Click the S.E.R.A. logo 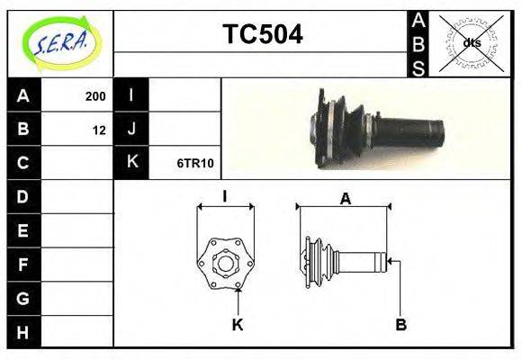click(x=60, y=42)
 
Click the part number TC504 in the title click(x=262, y=34)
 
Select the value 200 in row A click(x=95, y=95)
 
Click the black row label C click(x=23, y=163)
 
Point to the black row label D click(x=23, y=197)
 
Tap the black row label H click(x=23, y=332)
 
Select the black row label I click(x=131, y=95)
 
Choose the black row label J click(x=131, y=130)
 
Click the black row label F click(x=23, y=265)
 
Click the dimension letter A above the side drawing click(x=345, y=199)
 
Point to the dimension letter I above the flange click(x=224, y=196)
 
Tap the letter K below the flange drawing click(x=238, y=325)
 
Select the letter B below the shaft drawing click(x=402, y=325)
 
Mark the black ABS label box click(x=418, y=43)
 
